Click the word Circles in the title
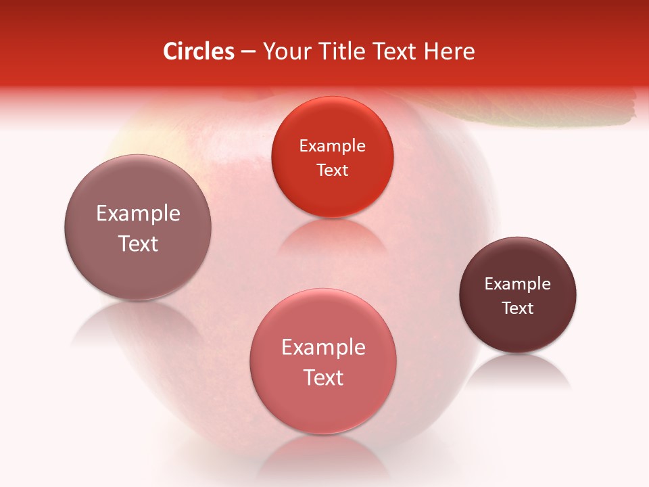coord(198,51)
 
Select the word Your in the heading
coord(287,51)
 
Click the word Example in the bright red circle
coord(332,146)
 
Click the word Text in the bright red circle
coord(332,170)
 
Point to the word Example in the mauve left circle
coord(138,214)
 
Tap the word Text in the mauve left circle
coord(138,243)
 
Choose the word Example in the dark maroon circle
coord(518,284)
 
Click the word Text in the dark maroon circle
coord(518,308)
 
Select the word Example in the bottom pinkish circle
coord(323,348)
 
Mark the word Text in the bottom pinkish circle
coord(323,377)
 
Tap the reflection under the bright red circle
coord(331,237)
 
